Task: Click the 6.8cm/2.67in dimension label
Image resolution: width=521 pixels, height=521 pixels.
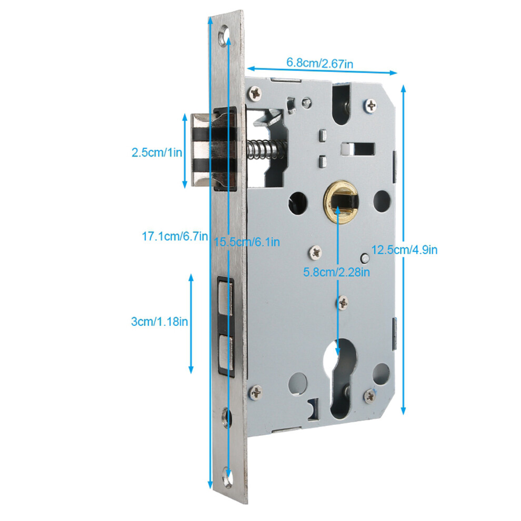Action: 319,63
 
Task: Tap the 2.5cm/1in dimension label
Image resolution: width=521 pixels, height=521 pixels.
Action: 156,153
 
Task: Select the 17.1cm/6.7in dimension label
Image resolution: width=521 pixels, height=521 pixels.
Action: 175,236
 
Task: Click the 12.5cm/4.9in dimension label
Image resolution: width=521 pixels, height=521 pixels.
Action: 404,249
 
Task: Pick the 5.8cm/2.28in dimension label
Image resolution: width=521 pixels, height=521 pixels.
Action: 337,272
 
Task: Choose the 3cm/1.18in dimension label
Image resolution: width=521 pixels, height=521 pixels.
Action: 159,322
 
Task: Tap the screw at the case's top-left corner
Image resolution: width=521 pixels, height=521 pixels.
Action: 256,94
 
